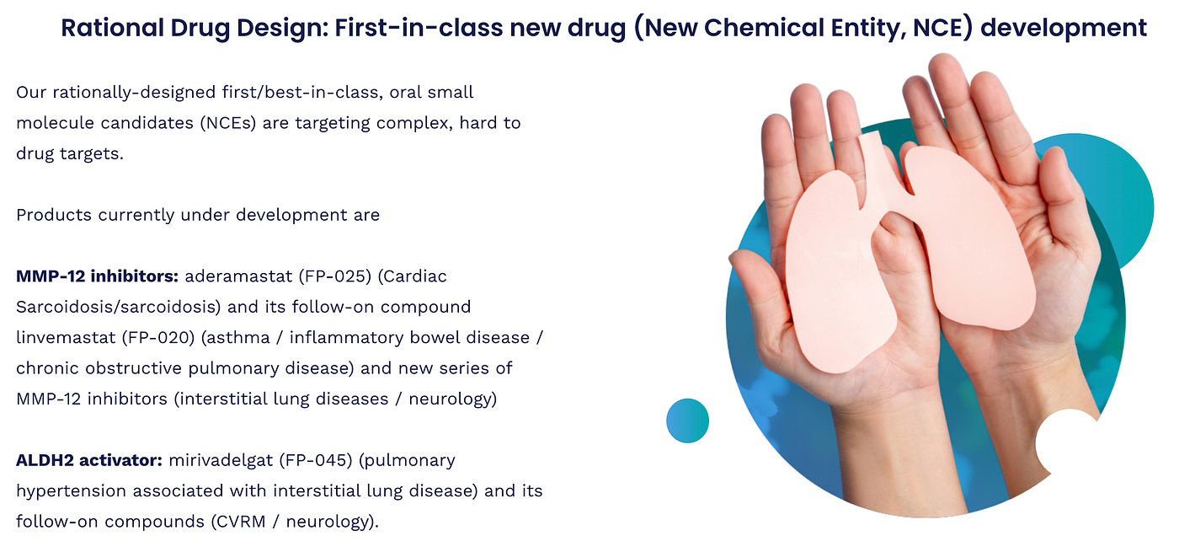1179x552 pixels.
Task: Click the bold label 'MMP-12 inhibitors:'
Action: click(x=98, y=276)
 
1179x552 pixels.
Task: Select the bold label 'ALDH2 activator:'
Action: click(x=89, y=460)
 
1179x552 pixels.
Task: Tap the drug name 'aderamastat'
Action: click(x=238, y=276)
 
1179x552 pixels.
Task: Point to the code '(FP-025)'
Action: click(x=335, y=276)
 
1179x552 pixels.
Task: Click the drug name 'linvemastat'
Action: click(x=66, y=337)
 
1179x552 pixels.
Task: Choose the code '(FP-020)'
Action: click(x=158, y=338)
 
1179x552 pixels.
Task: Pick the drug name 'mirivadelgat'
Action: click(x=221, y=461)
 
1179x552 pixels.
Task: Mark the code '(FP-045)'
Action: click(x=316, y=460)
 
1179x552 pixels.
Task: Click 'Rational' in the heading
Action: click(x=112, y=28)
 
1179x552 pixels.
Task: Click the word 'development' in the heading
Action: click(x=1064, y=29)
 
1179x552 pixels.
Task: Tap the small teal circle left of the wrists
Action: click(x=687, y=421)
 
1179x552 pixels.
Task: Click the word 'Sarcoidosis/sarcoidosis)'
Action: click(x=119, y=307)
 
